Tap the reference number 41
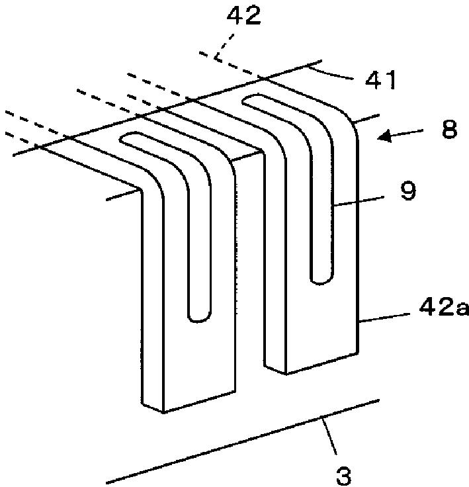coord(380,81)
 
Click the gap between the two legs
coord(250,278)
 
